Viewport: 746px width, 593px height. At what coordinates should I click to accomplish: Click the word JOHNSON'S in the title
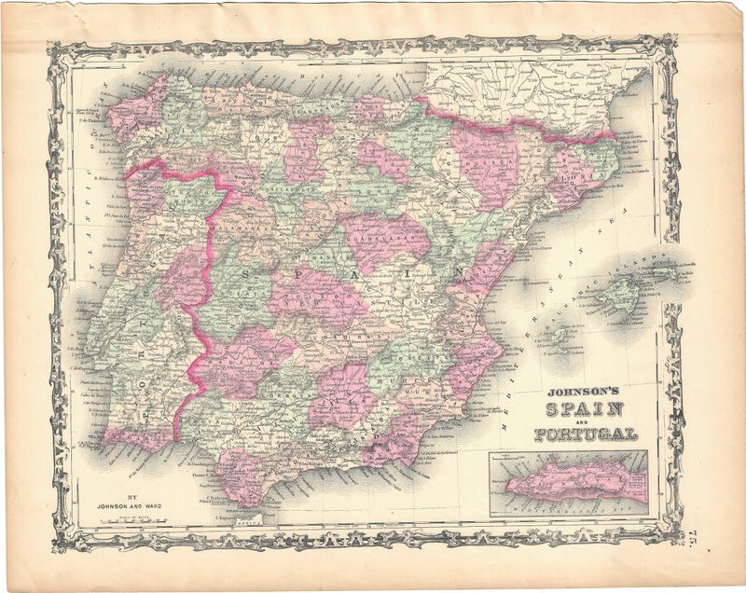tap(584, 393)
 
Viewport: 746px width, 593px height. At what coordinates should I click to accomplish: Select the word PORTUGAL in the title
tap(585, 434)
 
